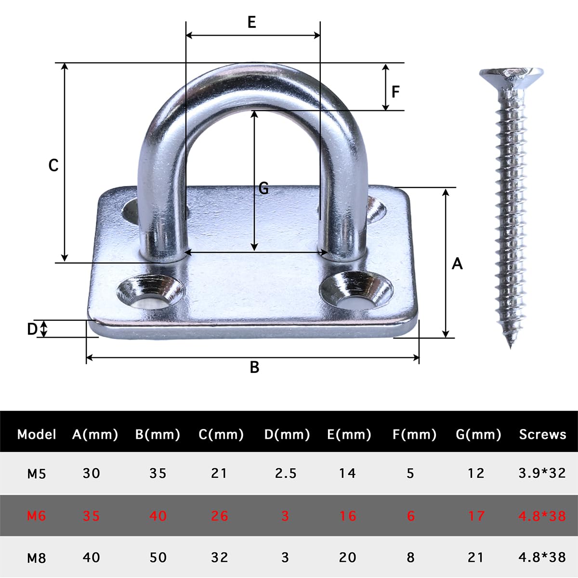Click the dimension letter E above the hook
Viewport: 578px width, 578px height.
tap(251, 22)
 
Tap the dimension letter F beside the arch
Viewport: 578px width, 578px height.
tap(395, 92)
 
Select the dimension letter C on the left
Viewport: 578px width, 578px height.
tap(53, 165)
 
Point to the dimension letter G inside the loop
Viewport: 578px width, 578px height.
tap(263, 189)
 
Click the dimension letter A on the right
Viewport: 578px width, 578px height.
tap(457, 263)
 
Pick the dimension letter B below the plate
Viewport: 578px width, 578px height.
tap(254, 367)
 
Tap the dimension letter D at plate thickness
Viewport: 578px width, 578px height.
tap(32, 329)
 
